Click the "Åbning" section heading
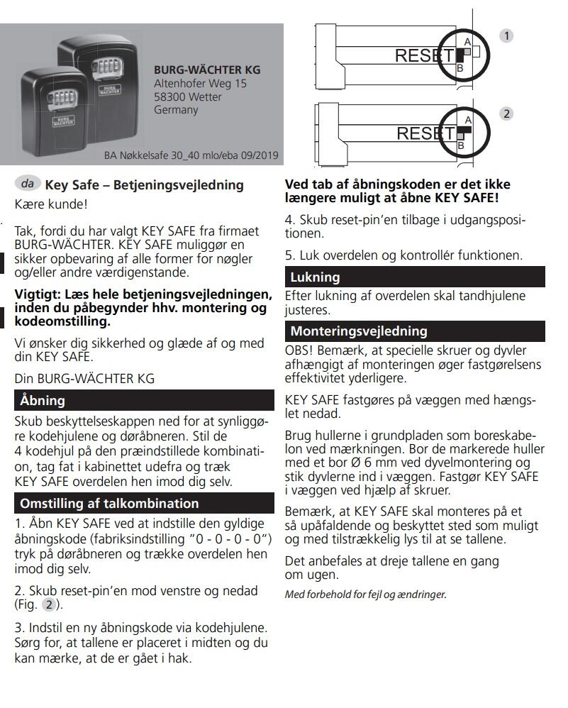click(42, 401)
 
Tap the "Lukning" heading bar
click(315, 277)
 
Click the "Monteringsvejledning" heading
click(359, 331)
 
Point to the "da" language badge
click(28, 184)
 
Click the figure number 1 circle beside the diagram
click(506, 35)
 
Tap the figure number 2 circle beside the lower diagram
click(506, 114)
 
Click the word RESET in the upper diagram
click(423, 56)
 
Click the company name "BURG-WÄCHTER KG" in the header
click(206, 70)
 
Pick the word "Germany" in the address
click(176, 111)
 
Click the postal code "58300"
click(170, 97)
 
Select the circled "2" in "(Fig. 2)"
click(50, 604)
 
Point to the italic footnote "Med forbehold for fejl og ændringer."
click(365, 594)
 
